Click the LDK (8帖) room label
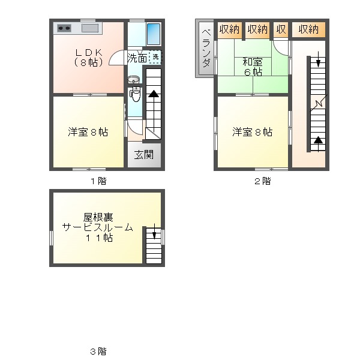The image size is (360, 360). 89,57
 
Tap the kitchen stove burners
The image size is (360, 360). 64,28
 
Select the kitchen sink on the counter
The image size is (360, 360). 90,28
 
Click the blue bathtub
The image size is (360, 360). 153,33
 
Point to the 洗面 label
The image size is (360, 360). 137,58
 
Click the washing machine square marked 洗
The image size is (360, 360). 155,57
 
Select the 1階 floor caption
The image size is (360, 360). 98,181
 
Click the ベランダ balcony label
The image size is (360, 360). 205,47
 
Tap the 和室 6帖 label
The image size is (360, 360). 252,66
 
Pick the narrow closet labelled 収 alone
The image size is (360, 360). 281,29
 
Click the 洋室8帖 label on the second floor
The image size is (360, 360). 252,132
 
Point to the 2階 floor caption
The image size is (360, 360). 262,181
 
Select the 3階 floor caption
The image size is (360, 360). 98,351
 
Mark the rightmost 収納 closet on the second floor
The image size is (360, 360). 308,29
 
